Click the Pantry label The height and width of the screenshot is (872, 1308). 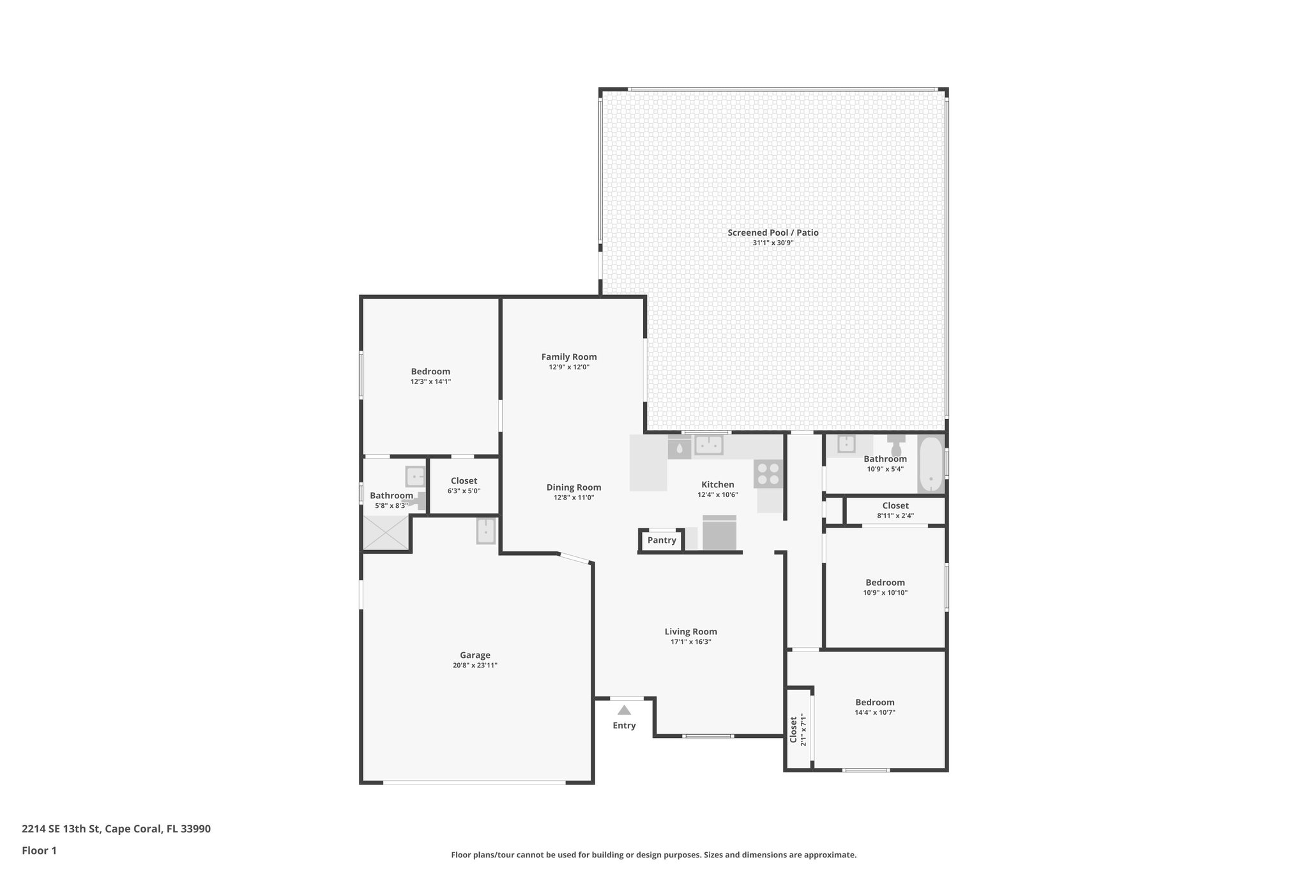tap(662, 540)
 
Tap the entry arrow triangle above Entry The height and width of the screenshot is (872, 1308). tap(624, 710)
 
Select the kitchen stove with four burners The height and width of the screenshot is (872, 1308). tap(768, 474)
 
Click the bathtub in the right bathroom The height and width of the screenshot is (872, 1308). tap(931, 464)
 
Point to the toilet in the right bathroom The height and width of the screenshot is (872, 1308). tap(896, 445)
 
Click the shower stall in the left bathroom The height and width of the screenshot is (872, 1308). tap(386, 533)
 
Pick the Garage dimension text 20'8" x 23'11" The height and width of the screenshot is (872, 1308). tap(475, 666)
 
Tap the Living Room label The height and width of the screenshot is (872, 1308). tap(690, 632)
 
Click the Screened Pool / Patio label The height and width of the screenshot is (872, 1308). tap(773, 233)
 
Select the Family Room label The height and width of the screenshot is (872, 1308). tap(569, 357)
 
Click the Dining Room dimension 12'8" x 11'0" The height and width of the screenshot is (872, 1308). tap(574, 498)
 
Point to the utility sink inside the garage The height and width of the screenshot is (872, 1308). tap(486, 531)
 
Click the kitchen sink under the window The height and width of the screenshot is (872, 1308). tap(709, 445)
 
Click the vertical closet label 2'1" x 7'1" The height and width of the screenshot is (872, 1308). tap(798, 730)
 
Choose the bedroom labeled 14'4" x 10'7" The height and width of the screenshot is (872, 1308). tap(875, 707)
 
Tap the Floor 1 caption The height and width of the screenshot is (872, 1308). tap(40, 851)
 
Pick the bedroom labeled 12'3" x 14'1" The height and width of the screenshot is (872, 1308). tap(430, 376)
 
